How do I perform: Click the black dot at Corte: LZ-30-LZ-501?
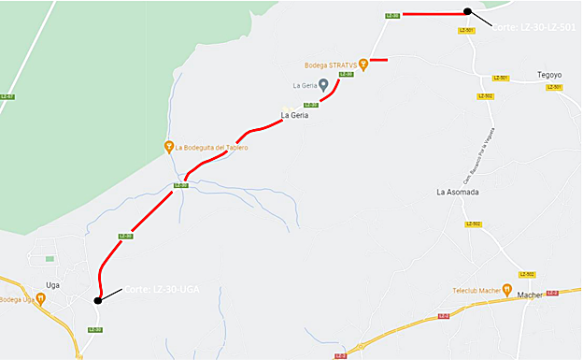[x=467, y=11]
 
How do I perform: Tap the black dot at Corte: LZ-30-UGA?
[x=97, y=300]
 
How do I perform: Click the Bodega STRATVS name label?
[x=331, y=65]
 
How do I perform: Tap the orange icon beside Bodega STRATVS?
[x=363, y=65]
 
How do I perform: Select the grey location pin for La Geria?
[x=323, y=85]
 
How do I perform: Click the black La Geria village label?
[x=295, y=116]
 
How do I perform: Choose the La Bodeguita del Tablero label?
[x=212, y=147]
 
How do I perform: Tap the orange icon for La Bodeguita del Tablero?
[x=169, y=146]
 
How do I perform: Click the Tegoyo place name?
[x=549, y=74]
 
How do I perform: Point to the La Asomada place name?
[x=458, y=192]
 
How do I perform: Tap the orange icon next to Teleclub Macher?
[x=507, y=289]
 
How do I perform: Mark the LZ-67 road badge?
[x=7, y=96]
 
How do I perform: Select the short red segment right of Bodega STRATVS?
[x=378, y=60]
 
